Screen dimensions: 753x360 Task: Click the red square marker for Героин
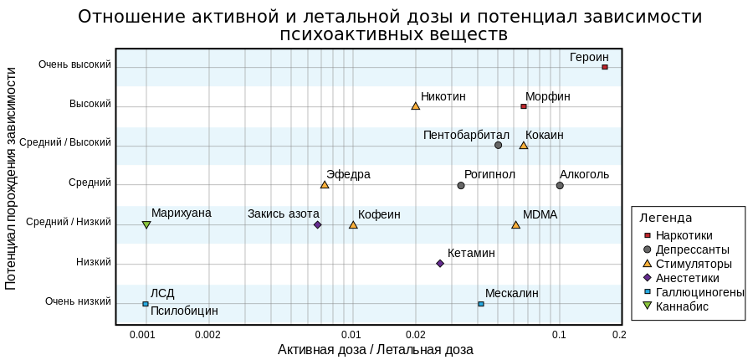605,67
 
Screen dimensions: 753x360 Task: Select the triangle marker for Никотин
415,105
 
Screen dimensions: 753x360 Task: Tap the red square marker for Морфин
524,106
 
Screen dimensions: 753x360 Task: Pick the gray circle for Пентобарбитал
498,145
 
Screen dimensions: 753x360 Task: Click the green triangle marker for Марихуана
146,224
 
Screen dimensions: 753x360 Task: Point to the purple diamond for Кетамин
440,264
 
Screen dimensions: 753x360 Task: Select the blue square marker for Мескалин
481,304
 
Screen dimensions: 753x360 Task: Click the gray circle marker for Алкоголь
560,186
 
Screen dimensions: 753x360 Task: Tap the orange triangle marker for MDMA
515,224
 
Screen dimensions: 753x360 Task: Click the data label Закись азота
284,213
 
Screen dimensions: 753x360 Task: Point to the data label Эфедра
348,174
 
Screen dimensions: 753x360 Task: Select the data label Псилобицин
184,311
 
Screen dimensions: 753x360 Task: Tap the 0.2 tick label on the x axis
620,334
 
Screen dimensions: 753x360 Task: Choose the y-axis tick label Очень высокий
75,64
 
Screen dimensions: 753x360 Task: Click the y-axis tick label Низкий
93,262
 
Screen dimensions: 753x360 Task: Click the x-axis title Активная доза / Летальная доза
376,349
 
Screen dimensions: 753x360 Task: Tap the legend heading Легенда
666,219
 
